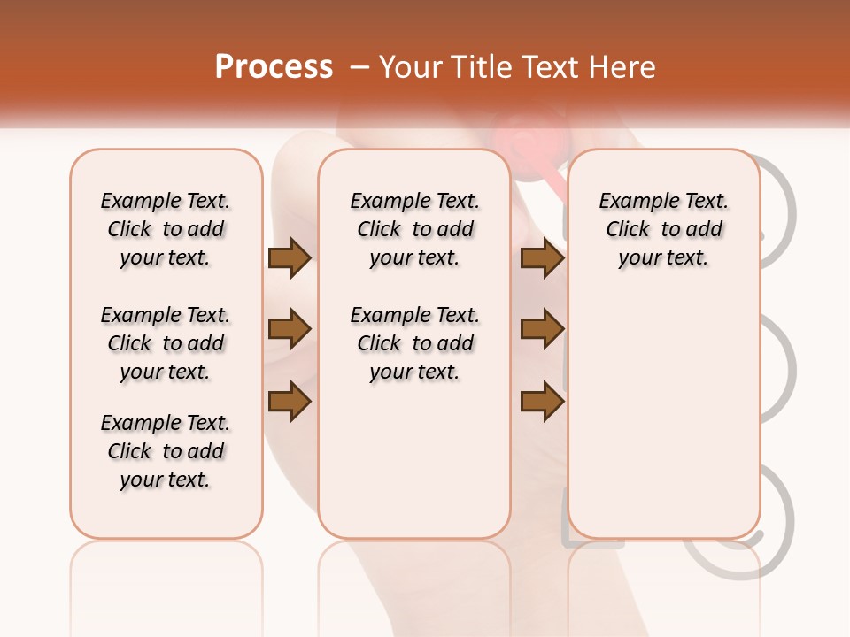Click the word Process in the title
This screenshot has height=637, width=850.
(274, 67)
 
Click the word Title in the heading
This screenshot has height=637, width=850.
(483, 67)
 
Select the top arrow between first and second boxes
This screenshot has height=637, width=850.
(290, 258)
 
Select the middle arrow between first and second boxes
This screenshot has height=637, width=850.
(290, 329)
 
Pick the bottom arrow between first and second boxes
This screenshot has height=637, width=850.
(290, 401)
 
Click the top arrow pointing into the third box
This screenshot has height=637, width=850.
(542, 258)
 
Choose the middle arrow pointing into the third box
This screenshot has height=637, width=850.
(542, 329)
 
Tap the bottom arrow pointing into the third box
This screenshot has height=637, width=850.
(542, 401)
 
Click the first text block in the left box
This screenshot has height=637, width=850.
(166, 229)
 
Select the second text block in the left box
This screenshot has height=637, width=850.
(166, 343)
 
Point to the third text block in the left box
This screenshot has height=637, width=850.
(166, 451)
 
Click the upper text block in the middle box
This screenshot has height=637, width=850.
(414, 229)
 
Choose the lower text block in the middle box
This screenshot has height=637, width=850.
(414, 343)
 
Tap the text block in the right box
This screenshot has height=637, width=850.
(663, 229)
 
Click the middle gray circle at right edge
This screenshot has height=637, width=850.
(779, 367)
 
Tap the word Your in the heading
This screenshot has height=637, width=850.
(412, 67)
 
